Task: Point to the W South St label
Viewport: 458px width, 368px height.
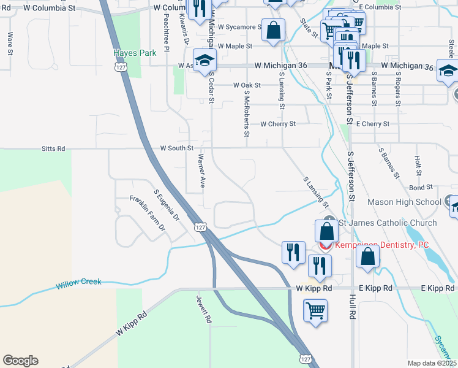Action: click(176, 148)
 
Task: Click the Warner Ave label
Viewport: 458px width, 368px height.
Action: click(200, 171)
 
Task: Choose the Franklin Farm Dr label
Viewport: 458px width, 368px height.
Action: click(148, 213)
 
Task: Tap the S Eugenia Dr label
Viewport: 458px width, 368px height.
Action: click(166, 205)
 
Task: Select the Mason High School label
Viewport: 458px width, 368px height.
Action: click(404, 202)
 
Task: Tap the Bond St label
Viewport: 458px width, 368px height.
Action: click(421, 187)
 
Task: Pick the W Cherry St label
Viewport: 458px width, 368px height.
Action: click(277, 124)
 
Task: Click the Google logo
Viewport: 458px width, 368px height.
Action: click(20, 361)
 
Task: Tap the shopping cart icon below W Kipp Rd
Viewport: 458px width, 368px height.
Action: click(315, 310)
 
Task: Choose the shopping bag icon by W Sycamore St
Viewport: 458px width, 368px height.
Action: click(273, 29)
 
